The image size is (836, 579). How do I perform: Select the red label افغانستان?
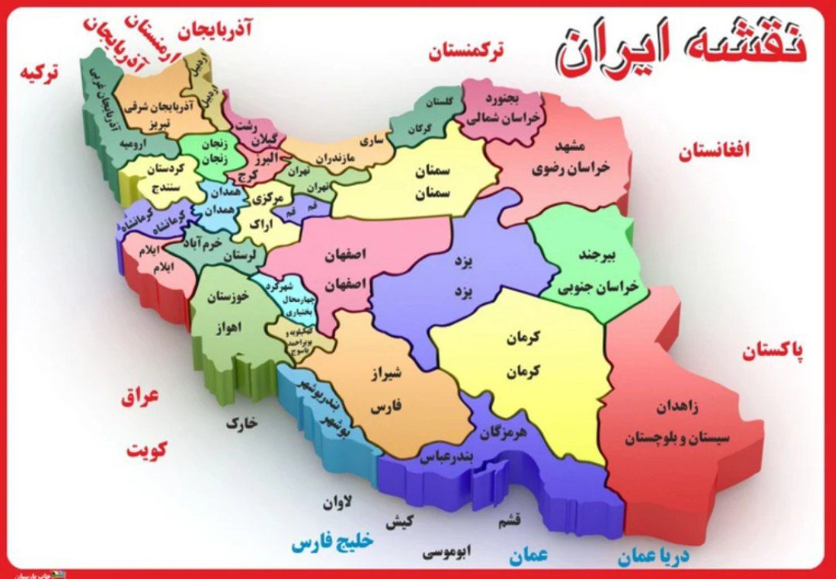point(714,151)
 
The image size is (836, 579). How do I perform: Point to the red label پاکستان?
point(773,351)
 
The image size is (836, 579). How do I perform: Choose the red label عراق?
point(139,398)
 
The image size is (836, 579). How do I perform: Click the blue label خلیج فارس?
point(333,541)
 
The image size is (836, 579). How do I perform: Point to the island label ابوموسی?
point(447,552)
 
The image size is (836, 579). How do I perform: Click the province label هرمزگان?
point(503,433)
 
